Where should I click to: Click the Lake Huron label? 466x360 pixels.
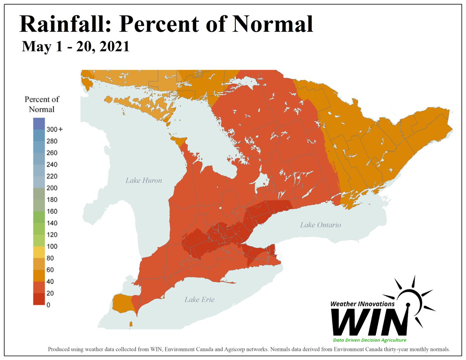(144, 180)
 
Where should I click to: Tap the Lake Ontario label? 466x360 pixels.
(320, 225)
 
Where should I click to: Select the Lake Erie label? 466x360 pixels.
(199, 299)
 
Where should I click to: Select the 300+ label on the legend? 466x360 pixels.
(54, 129)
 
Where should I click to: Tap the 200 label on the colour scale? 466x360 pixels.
(52, 188)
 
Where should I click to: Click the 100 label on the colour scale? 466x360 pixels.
(52, 246)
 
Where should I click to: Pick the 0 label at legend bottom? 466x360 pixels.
(48, 305)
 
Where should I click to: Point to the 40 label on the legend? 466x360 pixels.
(50, 282)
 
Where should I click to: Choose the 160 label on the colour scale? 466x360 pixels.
(52, 211)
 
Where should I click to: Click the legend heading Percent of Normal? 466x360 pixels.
(42, 104)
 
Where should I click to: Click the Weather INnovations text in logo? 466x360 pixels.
(363, 304)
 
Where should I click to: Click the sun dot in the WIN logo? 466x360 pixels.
(408, 304)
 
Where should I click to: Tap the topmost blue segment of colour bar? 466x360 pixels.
(39, 123)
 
